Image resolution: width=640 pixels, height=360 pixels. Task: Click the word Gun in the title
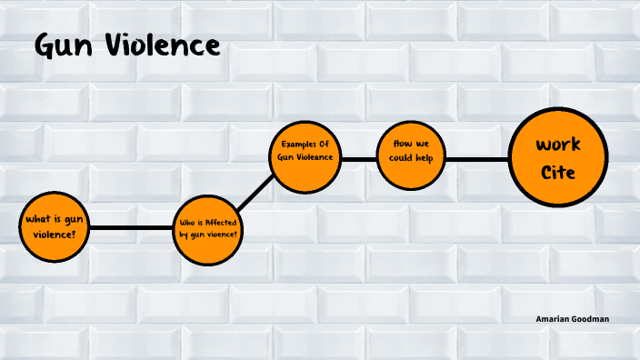64,45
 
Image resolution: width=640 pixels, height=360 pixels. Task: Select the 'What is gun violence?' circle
56,226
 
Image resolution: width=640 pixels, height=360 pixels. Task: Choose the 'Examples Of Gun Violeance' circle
307,156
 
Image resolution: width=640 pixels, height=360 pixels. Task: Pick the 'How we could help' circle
412,157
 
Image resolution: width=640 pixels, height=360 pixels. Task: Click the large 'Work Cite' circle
558,157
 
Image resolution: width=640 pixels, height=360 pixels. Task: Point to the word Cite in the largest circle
558,172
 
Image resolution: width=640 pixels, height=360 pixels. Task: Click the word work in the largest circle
558,145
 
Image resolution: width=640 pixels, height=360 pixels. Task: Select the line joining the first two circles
133,227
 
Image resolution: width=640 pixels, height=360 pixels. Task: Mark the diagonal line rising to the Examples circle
258,190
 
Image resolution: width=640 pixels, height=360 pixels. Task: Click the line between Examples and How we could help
360,158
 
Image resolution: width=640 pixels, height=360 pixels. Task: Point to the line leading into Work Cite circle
476,158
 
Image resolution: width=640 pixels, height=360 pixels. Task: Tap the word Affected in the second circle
221,222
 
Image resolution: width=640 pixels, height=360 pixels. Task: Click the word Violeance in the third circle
317,156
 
